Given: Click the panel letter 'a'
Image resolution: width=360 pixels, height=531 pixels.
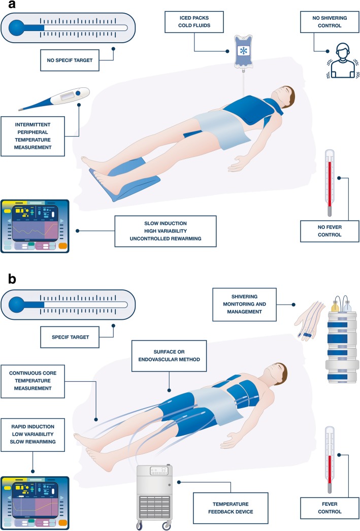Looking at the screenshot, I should coord(7,7).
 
